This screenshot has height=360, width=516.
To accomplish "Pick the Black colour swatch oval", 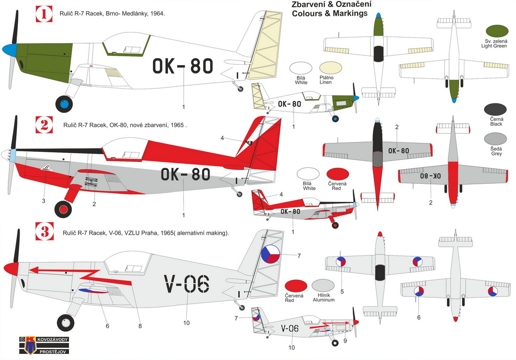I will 496,110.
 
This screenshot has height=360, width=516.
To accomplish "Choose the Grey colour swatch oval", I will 496,139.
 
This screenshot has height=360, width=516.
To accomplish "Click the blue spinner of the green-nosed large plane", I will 9,50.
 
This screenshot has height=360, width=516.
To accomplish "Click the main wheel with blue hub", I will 64,104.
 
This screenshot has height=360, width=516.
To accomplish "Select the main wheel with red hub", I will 64,210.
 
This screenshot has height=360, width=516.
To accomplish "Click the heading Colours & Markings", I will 328,14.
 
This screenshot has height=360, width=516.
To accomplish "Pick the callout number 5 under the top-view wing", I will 342,292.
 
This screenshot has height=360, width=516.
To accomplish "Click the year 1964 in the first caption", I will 157,14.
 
